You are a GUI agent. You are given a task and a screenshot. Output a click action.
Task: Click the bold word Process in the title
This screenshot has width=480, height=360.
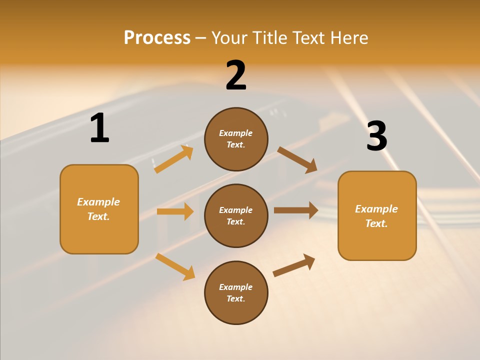click(x=157, y=37)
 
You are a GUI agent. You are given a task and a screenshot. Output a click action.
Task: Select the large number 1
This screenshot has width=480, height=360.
click(x=99, y=128)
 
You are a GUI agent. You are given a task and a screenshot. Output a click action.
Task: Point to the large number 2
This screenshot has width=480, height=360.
click(x=236, y=75)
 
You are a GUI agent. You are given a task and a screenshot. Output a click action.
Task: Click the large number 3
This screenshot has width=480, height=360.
click(x=376, y=136)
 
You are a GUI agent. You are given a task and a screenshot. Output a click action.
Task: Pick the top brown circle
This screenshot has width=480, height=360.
click(x=236, y=139)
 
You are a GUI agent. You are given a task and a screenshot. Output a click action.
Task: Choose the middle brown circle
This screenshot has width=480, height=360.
click(x=236, y=215)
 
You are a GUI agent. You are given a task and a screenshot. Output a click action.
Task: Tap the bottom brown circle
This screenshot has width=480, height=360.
click(x=236, y=292)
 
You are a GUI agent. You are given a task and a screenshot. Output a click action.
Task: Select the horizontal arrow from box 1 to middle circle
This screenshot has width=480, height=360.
click(x=175, y=211)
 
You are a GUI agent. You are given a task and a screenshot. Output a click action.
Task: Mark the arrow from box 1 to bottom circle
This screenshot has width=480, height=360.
click(x=175, y=266)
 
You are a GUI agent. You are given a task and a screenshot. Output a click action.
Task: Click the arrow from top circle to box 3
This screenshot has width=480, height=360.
click(x=297, y=159)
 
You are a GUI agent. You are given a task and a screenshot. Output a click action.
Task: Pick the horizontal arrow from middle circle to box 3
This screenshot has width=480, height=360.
click(x=295, y=210)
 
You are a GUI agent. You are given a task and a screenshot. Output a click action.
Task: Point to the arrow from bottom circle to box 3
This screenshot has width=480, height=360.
click(x=294, y=265)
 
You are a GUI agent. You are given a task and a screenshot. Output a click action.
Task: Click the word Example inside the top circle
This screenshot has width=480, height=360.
click(x=235, y=133)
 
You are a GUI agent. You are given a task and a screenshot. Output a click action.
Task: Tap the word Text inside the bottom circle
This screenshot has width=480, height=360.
click(x=235, y=298)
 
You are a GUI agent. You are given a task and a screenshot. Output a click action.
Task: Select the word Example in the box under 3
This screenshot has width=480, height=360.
click(x=376, y=209)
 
